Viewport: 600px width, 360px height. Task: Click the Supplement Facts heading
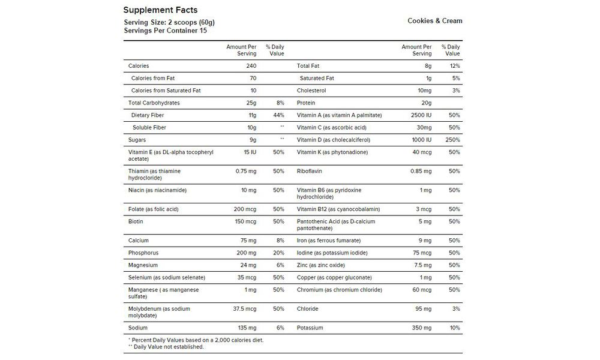[160, 10]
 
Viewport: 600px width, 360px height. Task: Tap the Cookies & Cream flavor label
[435, 20]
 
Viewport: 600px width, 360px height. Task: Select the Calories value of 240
[250, 65]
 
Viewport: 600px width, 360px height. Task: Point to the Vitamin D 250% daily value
[452, 140]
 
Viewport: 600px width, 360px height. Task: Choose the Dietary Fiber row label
[147, 115]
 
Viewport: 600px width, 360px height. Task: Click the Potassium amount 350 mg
[421, 328]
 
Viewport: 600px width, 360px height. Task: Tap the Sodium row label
[138, 328]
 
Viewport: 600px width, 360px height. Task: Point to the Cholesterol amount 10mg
[422, 91]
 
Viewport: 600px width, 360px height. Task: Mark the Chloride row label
[307, 309]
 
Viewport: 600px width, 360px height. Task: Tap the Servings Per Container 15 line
[165, 30]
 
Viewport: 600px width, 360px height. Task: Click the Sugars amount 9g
[252, 140]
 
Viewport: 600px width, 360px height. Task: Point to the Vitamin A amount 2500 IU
[419, 115]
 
